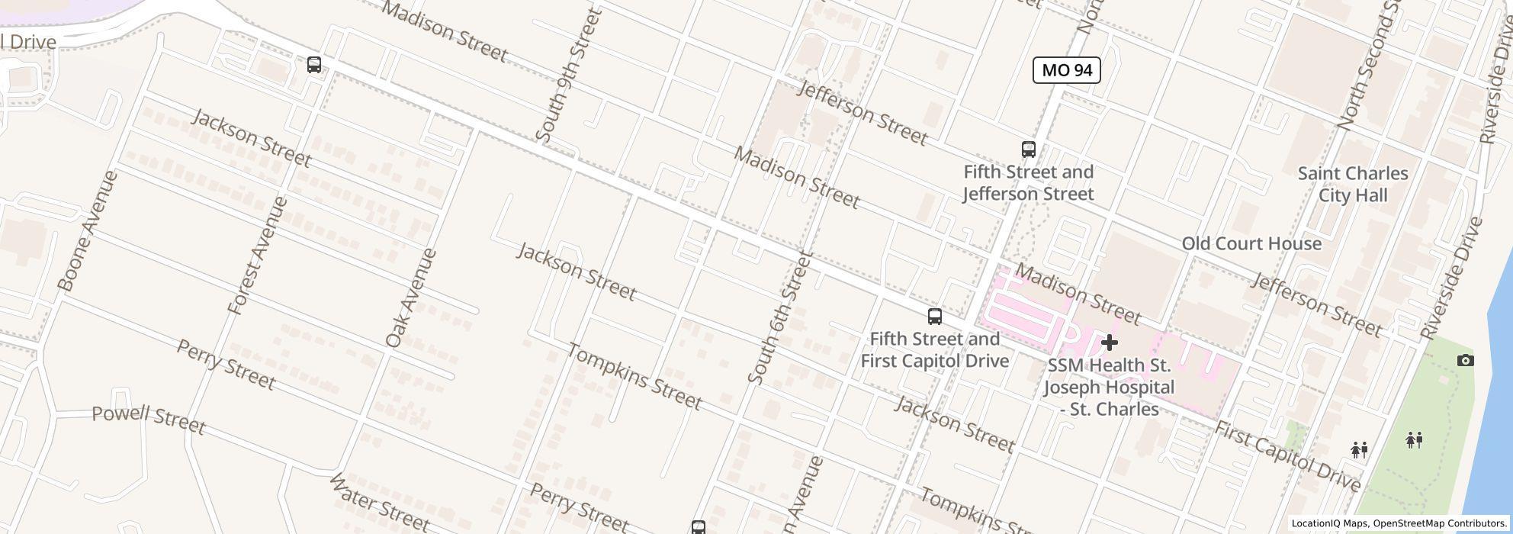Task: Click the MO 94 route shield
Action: click(1066, 70)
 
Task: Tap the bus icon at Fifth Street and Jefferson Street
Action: click(1028, 149)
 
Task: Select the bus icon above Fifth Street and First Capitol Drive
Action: click(934, 316)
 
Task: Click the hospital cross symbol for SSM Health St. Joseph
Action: click(1109, 343)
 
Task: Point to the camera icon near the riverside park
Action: click(1465, 360)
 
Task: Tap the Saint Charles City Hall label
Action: click(1353, 185)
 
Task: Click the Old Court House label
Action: click(1251, 243)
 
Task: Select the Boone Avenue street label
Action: click(88, 231)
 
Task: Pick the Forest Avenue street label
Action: click(259, 256)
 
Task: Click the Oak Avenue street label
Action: click(412, 298)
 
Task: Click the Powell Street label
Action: click(149, 420)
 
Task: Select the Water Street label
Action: click(379, 503)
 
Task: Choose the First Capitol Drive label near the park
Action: click(1287, 456)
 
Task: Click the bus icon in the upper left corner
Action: click(313, 65)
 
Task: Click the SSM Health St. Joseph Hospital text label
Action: click(1109, 388)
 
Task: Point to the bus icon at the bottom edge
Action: click(698, 526)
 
